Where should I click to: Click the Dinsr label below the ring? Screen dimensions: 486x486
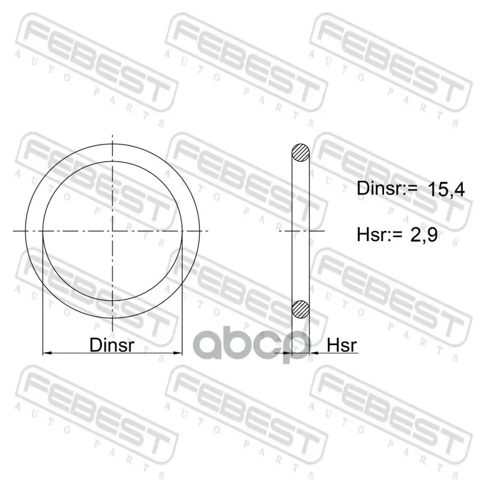112,344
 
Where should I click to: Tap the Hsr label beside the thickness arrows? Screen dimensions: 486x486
342,344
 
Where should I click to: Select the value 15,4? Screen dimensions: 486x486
446,189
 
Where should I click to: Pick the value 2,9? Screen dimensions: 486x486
424,234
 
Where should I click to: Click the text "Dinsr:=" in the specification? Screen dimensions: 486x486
387,188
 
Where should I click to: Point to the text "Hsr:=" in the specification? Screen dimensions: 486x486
380,234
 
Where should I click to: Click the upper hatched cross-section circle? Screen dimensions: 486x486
301,153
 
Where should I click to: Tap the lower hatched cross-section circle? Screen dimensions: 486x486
301,309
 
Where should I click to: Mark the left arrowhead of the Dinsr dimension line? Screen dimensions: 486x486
47,353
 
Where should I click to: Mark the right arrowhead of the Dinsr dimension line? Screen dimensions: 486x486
178,353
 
